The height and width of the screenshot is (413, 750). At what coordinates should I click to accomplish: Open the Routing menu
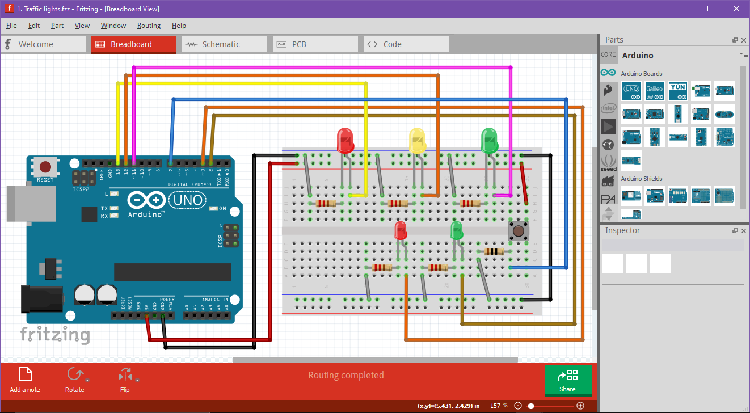point(149,26)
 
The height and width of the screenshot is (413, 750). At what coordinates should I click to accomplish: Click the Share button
point(567,380)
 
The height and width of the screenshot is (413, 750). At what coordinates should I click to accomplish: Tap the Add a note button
point(25,380)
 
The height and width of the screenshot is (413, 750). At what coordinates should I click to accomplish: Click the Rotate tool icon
point(74,375)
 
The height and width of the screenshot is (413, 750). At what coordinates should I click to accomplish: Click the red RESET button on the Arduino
point(45,167)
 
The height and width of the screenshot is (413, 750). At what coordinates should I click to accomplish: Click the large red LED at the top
point(345,140)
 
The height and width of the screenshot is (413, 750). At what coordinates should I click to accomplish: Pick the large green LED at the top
point(489,140)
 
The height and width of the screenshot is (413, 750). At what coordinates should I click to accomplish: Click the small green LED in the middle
point(457,230)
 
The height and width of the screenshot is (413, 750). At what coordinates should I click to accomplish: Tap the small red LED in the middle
point(401,230)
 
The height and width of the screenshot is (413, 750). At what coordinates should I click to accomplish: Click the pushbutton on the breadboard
point(517,231)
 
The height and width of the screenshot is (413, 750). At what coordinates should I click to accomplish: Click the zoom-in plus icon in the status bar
point(580,406)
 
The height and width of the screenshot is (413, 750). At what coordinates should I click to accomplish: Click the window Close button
point(736,9)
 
